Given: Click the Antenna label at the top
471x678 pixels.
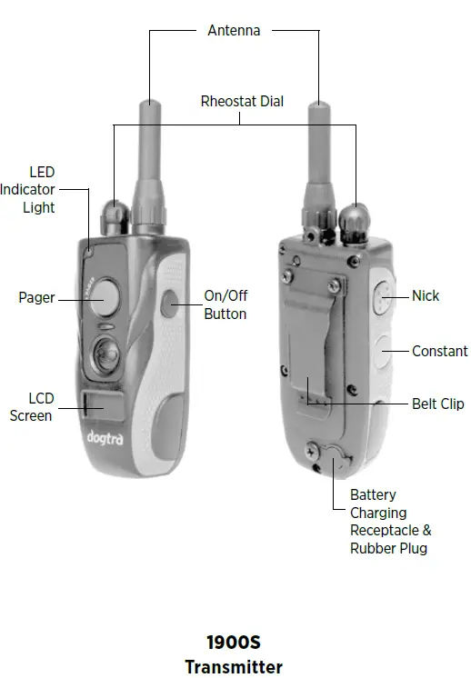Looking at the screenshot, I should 234,30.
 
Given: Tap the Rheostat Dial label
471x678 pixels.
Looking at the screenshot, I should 242,101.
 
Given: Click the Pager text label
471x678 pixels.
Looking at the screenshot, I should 36,297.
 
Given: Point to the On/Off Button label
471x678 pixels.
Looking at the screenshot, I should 225,304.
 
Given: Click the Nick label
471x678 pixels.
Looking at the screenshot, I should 426,295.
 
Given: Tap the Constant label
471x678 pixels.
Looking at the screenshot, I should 440,351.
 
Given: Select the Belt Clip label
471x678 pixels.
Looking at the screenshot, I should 438,404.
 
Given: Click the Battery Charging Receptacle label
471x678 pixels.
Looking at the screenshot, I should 390,522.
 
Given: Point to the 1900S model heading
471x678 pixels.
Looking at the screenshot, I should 234,643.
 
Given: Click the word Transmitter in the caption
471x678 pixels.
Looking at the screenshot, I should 234,667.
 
